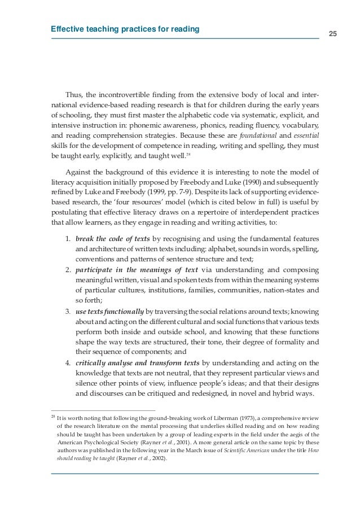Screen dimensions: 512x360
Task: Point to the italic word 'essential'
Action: pyautogui.click(x=305, y=135)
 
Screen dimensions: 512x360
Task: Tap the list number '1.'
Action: pyautogui.click(x=67, y=238)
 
